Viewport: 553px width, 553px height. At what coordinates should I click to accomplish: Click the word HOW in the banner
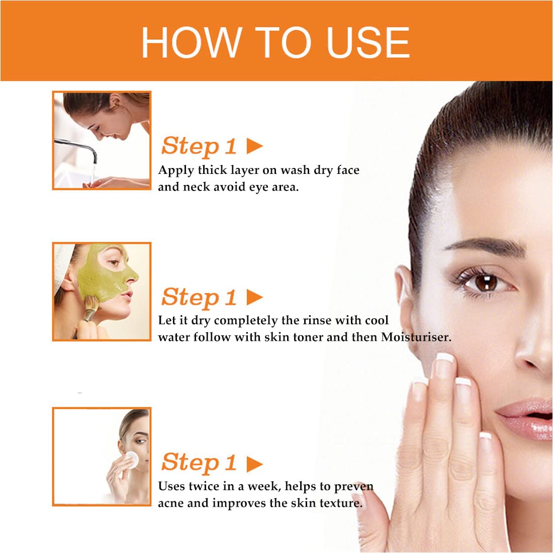[x=192, y=42]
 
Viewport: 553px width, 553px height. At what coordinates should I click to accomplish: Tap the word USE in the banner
[x=368, y=42]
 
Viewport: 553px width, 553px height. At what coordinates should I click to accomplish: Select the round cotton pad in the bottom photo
[x=132, y=459]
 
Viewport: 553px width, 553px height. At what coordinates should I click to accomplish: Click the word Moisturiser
[x=416, y=337]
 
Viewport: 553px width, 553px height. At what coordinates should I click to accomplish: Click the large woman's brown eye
[x=486, y=283]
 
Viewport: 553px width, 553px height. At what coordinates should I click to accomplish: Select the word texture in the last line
[x=341, y=503]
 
